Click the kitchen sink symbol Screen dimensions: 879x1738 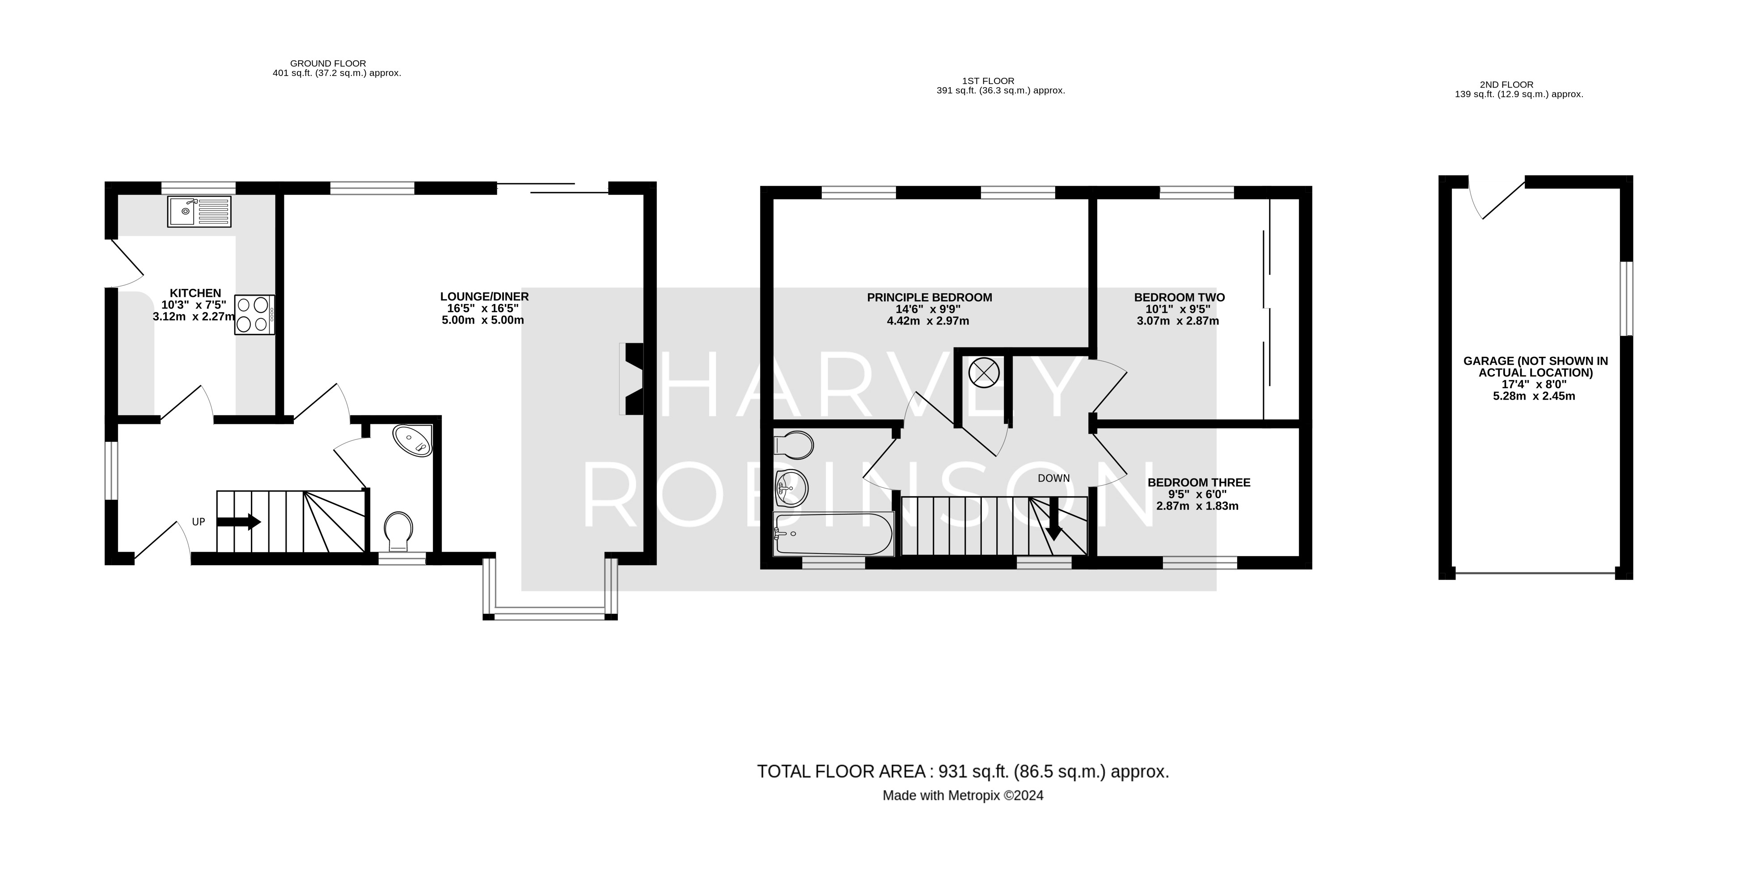(199, 211)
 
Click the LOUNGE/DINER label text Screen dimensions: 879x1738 (484, 297)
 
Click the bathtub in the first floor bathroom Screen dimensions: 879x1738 (833, 534)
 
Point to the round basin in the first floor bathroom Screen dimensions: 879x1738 (791, 488)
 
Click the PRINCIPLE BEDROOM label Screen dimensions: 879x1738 (929, 297)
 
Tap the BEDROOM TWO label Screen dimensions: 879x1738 (1179, 297)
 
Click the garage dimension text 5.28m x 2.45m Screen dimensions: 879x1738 (1534, 396)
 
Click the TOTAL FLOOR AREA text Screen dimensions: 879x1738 (963, 772)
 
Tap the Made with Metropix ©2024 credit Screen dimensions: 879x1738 (963, 796)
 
